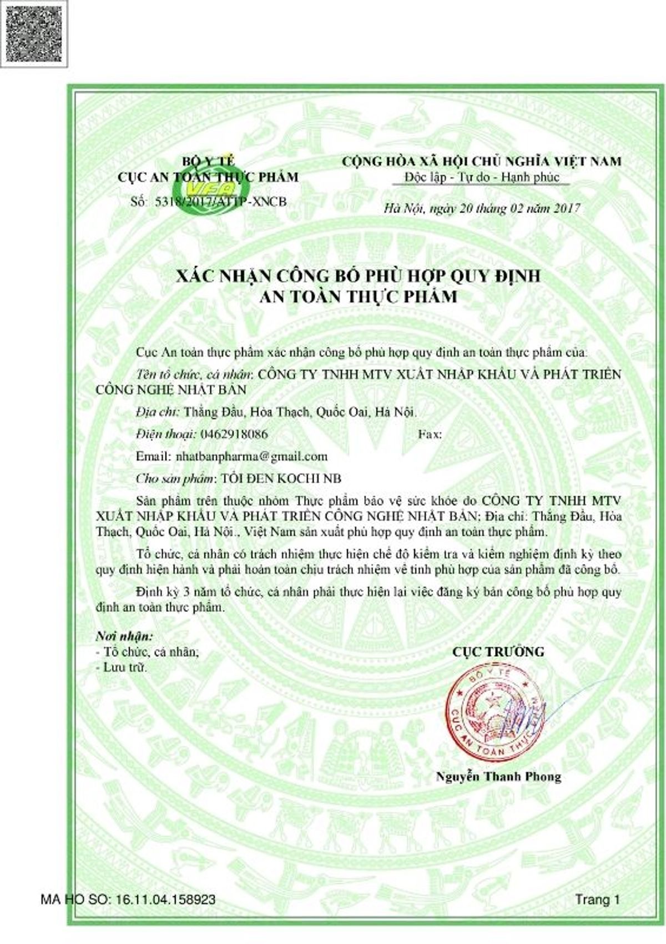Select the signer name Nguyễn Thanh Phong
tap(498, 776)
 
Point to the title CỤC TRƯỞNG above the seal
tap(498, 651)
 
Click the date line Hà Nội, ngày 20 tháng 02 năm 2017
tap(482, 209)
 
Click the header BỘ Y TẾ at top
tap(209, 162)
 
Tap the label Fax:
tap(430, 434)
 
